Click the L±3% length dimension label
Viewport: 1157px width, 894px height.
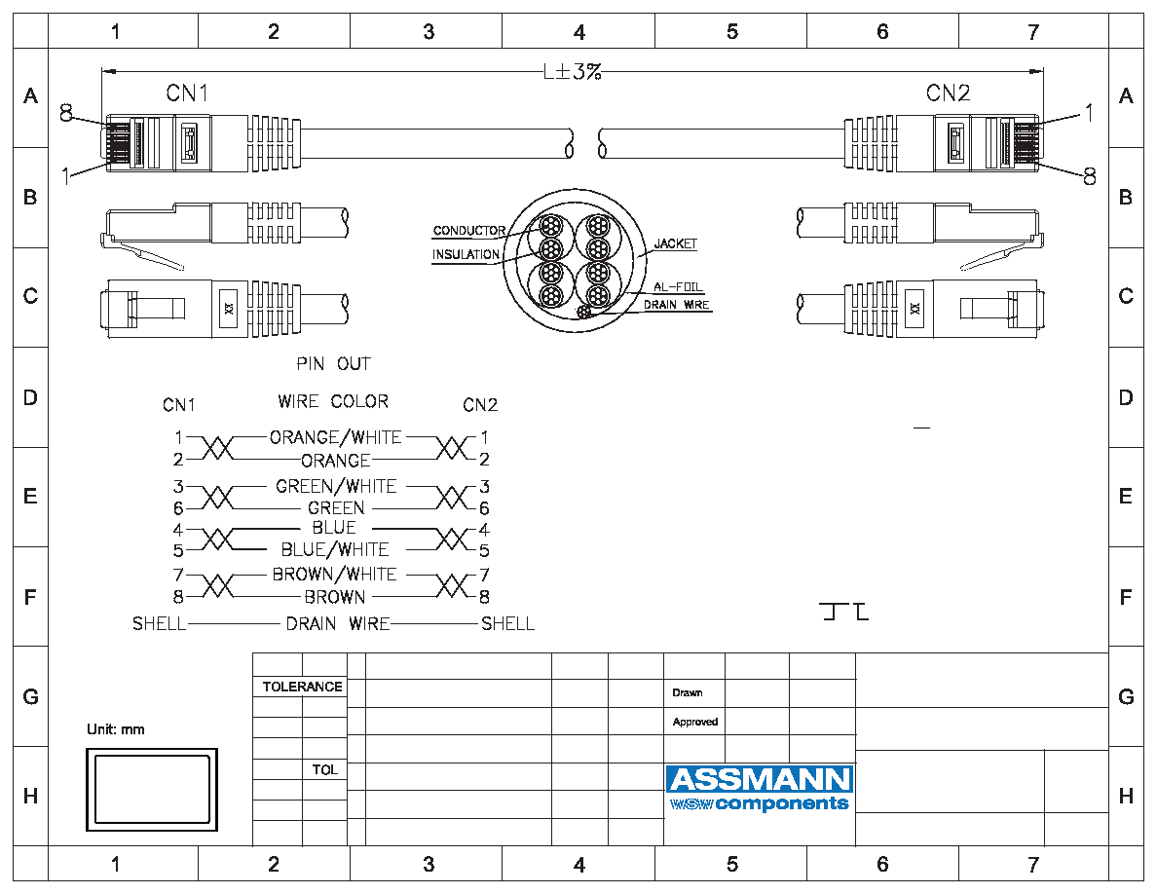(x=573, y=71)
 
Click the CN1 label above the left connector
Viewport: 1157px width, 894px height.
(x=187, y=93)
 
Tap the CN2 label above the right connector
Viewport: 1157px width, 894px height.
(x=949, y=93)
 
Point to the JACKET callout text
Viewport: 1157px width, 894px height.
(x=675, y=243)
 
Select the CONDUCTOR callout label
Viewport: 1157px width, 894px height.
(x=469, y=230)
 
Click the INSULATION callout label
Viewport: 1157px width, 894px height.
(x=466, y=254)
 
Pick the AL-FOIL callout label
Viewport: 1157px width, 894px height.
(x=678, y=287)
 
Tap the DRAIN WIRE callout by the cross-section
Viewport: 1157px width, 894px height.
(x=676, y=305)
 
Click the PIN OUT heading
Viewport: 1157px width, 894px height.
(x=333, y=363)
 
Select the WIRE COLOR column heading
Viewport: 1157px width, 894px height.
(x=333, y=401)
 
